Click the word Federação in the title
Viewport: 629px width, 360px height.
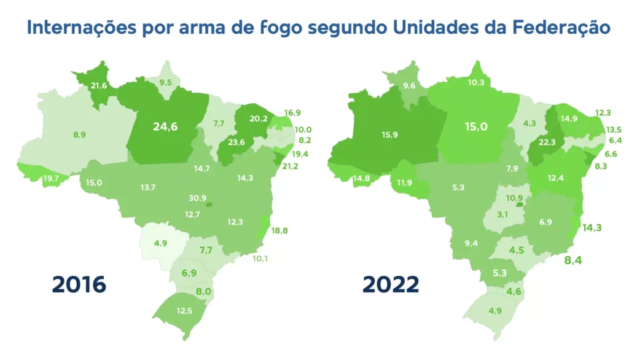coord(561,28)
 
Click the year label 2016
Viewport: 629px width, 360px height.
coord(79,284)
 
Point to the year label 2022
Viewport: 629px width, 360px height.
coord(391,284)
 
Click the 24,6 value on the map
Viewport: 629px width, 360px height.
coord(165,127)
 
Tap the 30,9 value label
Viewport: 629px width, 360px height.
coord(197,198)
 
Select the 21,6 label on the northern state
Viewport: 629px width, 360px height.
coord(99,85)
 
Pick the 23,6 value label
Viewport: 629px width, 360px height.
coord(236,142)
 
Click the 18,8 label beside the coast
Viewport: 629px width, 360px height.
coord(279,230)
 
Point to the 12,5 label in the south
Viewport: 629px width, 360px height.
coord(184,311)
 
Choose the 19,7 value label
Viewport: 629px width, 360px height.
coord(51,178)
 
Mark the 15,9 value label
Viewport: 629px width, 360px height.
coord(389,135)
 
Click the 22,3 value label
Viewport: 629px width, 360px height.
coord(547,142)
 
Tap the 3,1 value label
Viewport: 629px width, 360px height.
coord(502,214)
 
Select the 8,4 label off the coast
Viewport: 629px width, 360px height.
coord(573,260)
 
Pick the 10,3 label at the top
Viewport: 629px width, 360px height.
coord(476,82)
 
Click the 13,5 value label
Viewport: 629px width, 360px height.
coord(614,129)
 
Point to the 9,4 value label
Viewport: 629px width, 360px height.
coord(471,243)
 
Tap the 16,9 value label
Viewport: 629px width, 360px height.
coord(292,112)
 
